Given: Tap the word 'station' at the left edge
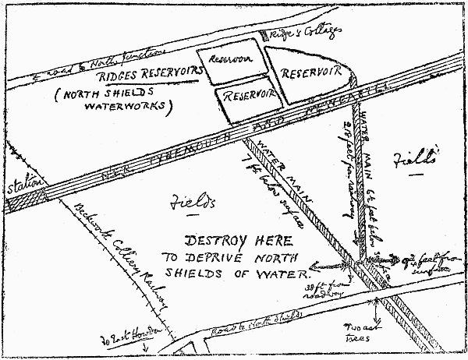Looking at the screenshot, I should coord(21,187).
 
